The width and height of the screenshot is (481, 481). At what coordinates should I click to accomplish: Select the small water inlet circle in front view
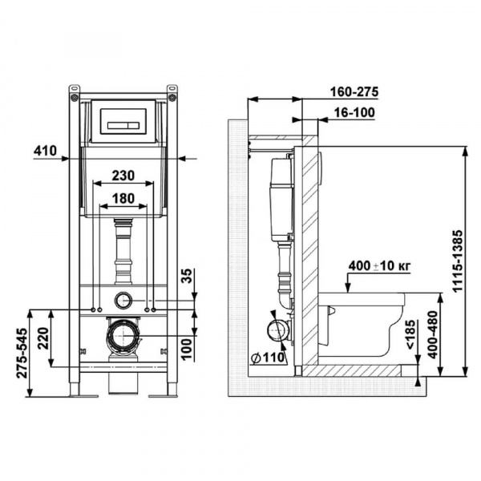[x=123, y=301]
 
